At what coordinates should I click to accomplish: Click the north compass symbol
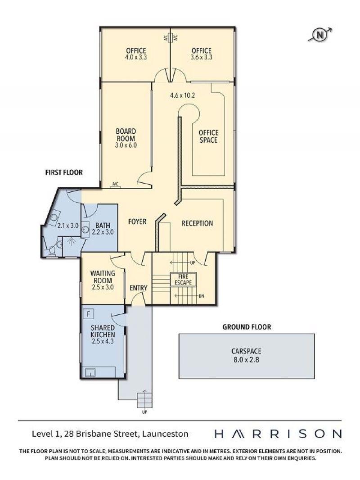320,35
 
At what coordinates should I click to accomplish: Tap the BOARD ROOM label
126,135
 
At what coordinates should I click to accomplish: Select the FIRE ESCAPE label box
183,280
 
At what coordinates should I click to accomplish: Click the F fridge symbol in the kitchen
88,314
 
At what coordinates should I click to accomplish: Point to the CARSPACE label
246,351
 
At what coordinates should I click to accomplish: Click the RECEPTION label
197,223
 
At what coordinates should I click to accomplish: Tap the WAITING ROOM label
103,277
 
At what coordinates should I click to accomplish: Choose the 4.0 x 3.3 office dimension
136,57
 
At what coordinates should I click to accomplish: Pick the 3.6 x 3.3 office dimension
201,57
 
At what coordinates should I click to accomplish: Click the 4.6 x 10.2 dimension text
182,95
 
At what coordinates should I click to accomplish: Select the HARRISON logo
278,434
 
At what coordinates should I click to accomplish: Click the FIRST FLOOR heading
64,172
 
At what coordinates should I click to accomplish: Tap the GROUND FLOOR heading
247,327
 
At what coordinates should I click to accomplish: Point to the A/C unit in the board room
115,185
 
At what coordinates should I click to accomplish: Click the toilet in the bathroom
52,250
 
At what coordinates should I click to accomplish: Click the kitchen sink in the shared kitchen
90,372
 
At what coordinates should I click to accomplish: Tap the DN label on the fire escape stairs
201,296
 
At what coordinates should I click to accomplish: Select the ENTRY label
139,288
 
